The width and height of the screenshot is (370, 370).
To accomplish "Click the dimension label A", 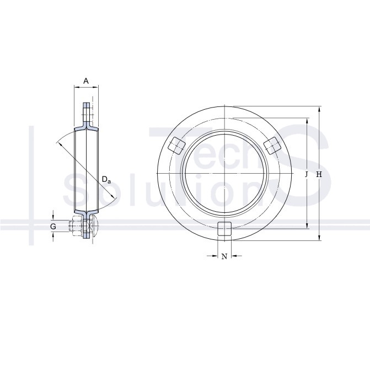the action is pos(86,81).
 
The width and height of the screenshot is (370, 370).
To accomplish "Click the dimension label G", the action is pos(53,227).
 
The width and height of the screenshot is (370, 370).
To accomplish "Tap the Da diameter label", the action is pos(106,180).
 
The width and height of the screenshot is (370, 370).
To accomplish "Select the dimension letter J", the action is pos(307,174).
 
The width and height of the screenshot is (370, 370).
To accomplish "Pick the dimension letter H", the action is pos(319,174).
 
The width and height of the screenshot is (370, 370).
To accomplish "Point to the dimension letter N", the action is pos(224,256).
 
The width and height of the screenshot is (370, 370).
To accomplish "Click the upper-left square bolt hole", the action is pos(176,146).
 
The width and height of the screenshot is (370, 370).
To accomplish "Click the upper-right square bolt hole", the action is pos(272,146).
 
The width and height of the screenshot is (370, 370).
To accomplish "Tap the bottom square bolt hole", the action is pos(224,229).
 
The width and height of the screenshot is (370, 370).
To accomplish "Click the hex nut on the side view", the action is pos(76,226).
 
